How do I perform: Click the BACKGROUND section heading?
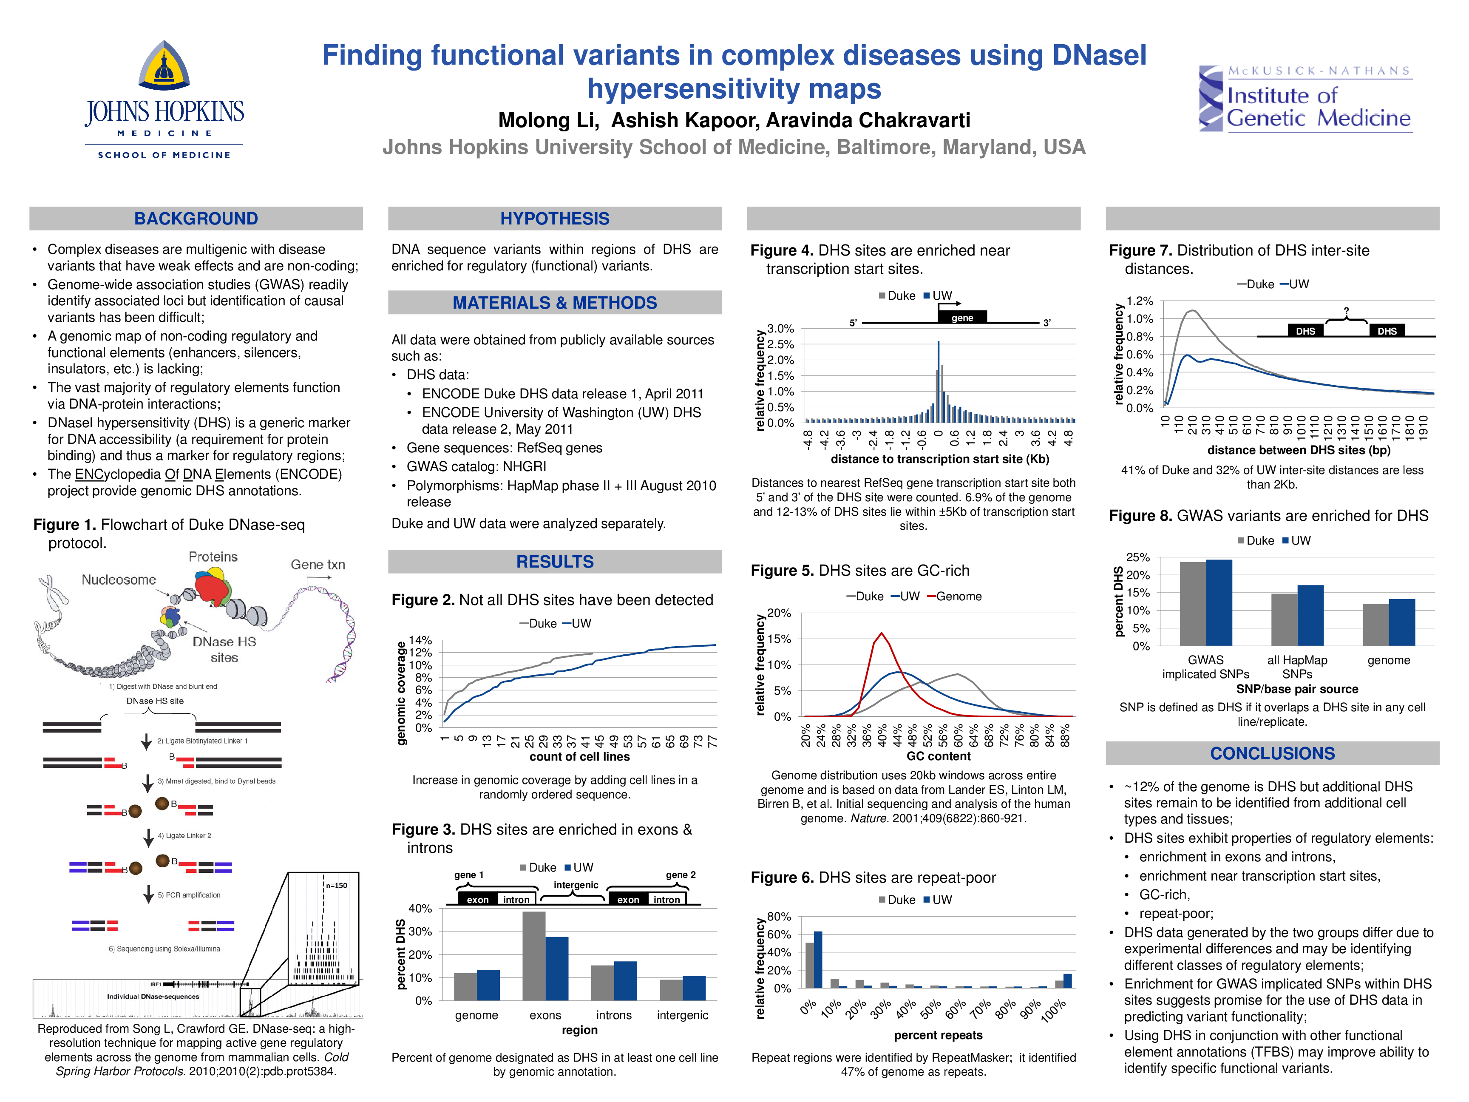pyautogui.click(x=196, y=219)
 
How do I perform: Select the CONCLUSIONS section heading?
pyautogui.click(x=1272, y=753)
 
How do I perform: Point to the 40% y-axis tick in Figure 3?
pyautogui.click(x=420, y=908)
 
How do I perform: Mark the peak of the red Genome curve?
pyautogui.click(x=881, y=633)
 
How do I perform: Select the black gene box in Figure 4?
pyautogui.click(x=961, y=318)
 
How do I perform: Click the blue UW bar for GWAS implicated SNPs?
pyautogui.click(x=1219, y=602)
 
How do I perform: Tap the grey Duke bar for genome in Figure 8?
pyautogui.click(x=1375, y=625)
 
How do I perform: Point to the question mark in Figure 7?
pyautogui.click(x=1346, y=311)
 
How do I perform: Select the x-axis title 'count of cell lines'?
pyautogui.click(x=579, y=757)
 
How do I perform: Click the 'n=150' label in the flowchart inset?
pyautogui.click(x=337, y=886)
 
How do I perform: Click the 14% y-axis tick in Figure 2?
pyautogui.click(x=420, y=640)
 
